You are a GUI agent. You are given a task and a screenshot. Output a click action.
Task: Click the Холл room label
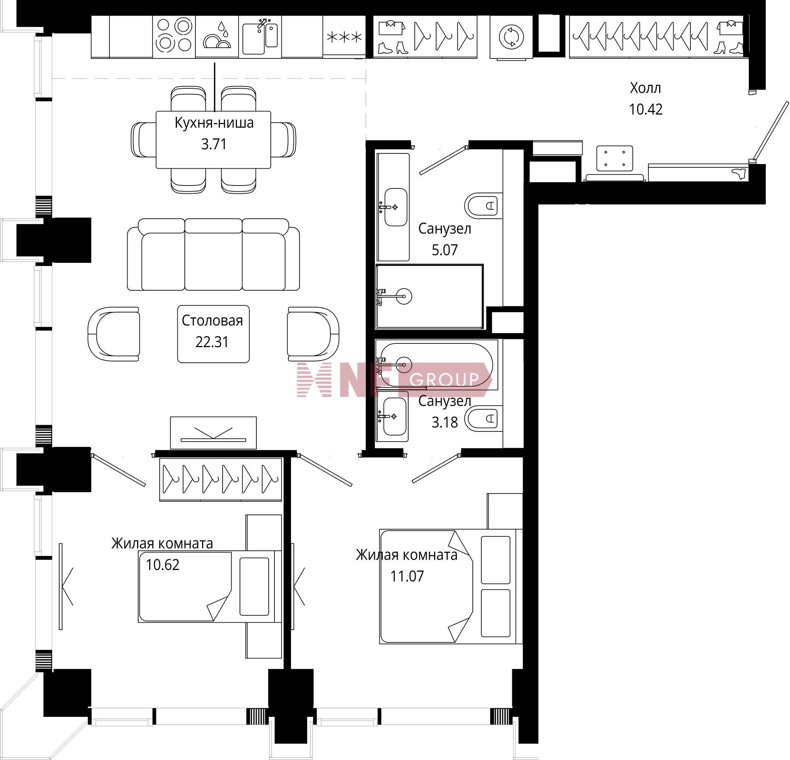[646, 88]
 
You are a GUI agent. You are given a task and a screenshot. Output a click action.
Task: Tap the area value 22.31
[212, 342]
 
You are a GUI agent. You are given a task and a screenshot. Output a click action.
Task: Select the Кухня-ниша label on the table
[214, 123]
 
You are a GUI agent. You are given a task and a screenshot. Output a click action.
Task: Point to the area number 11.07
[407, 576]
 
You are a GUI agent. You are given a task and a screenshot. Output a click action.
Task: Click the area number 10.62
[163, 565]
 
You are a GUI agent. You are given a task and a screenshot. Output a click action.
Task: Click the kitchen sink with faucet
[260, 37]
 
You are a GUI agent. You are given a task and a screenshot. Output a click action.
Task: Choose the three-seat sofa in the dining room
[213, 255]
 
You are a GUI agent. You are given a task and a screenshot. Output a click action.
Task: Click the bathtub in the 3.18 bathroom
[436, 365]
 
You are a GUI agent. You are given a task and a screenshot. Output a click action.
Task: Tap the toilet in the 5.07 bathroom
[483, 205]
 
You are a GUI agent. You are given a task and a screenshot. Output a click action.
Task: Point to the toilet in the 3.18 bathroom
[483, 419]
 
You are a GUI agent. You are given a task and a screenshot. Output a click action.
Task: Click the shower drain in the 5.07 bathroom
[405, 296]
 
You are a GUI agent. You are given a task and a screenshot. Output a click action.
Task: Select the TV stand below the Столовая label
[213, 433]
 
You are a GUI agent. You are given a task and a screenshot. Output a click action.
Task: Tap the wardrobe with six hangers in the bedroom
[221, 479]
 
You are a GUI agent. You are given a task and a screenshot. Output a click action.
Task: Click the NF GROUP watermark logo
[395, 380]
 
